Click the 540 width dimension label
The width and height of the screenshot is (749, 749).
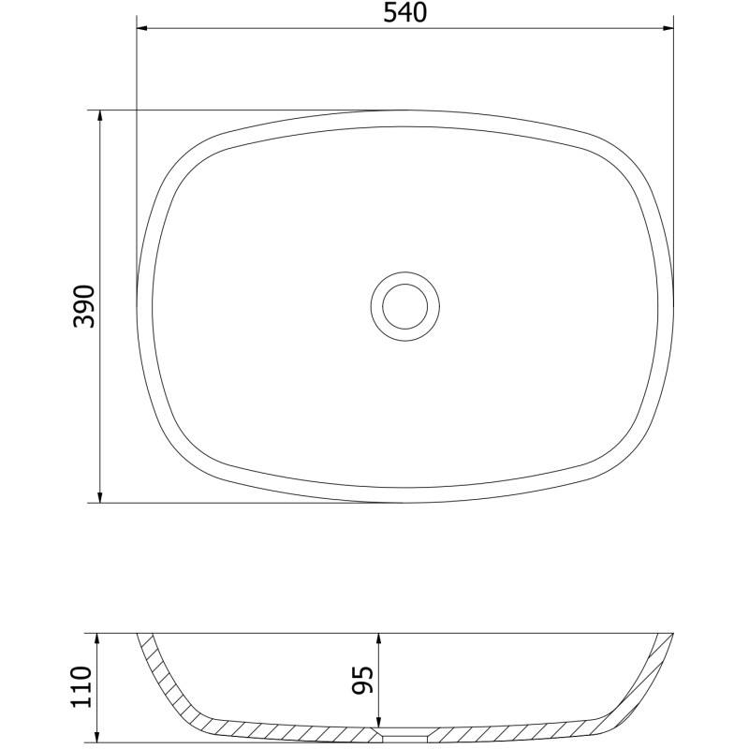point(404,13)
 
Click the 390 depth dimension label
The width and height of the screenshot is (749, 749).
point(84,306)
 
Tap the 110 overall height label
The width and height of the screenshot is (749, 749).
point(81,687)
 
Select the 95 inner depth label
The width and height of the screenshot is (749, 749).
point(361,680)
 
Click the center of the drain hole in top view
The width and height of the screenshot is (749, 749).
point(405,306)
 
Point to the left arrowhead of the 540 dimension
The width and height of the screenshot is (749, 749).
point(142,28)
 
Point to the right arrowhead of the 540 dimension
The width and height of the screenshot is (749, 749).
point(668,28)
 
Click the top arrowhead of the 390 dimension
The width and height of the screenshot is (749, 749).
point(100,116)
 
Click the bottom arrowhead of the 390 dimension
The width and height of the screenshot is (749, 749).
point(100,497)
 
